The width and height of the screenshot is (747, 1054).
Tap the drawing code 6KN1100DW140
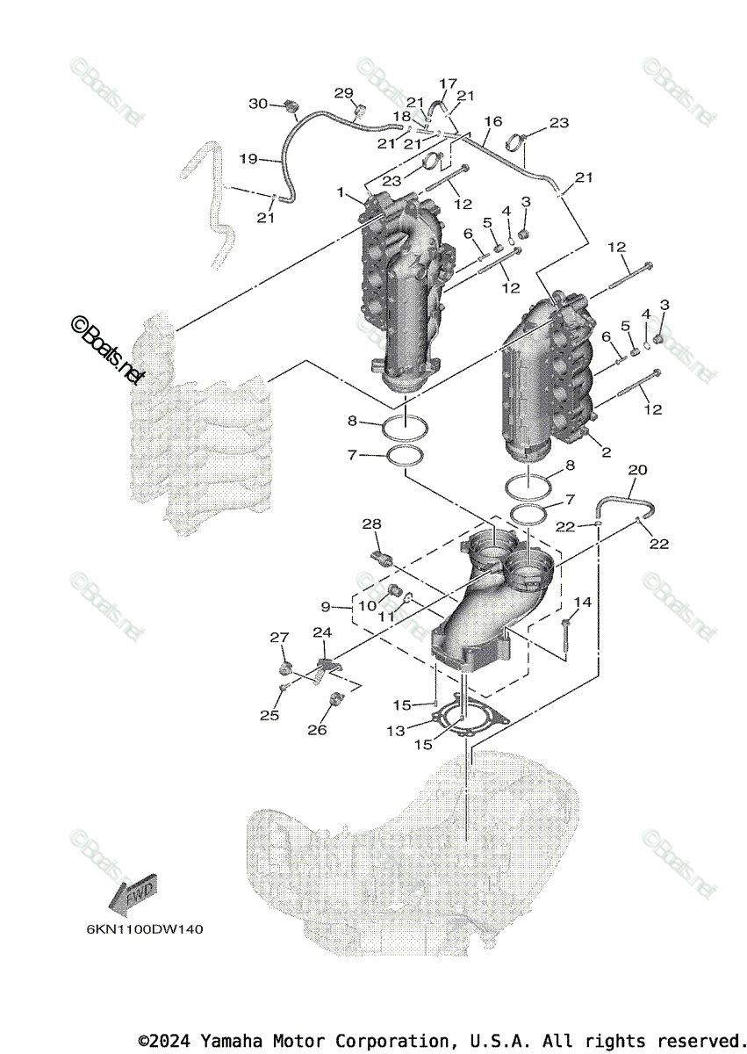coord(145,928)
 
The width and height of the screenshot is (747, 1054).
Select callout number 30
coord(257,103)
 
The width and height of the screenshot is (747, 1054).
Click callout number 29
coord(343,93)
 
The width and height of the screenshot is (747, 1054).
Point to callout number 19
coord(248,159)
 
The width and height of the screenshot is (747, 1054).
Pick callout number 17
coord(448,83)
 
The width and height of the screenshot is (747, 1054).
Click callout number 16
coord(492,120)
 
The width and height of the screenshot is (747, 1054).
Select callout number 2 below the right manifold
coord(605,453)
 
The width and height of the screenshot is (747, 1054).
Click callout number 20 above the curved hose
coord(638,471)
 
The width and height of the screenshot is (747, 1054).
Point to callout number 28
coord(372,524)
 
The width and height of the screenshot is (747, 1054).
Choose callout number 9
coord(326,606)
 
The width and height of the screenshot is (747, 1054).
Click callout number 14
coord(583,602)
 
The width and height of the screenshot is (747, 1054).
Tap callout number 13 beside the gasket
coord(396,730)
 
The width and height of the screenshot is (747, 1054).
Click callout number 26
coord(317,730)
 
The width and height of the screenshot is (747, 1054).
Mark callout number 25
coord(269,715)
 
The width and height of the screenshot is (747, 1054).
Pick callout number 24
coord(322,632)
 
